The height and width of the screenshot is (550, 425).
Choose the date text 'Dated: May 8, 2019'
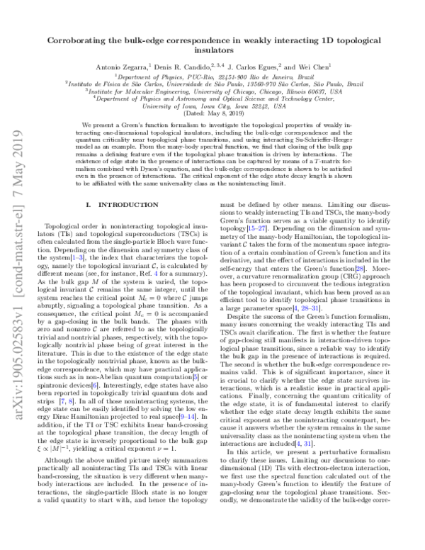coord(212,113)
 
